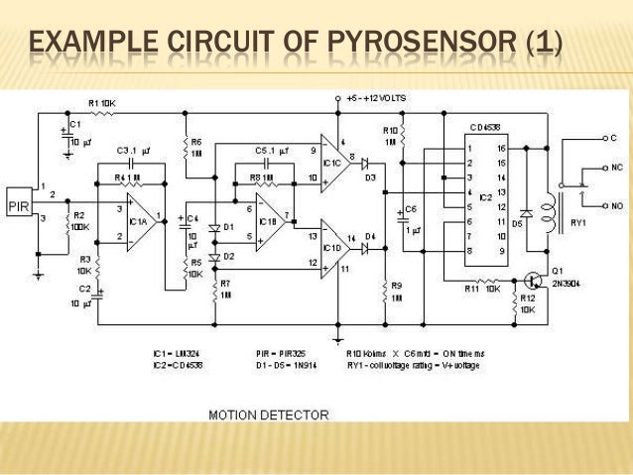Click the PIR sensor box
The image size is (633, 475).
pyautogui.click(x=20, y=205)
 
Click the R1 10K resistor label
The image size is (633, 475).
pyautogui.click(x=103, y=101)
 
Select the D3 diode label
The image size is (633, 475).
pyautogui.click(x=370, y=178)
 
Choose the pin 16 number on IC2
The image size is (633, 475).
pyautogui.click(x=501, y=146)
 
